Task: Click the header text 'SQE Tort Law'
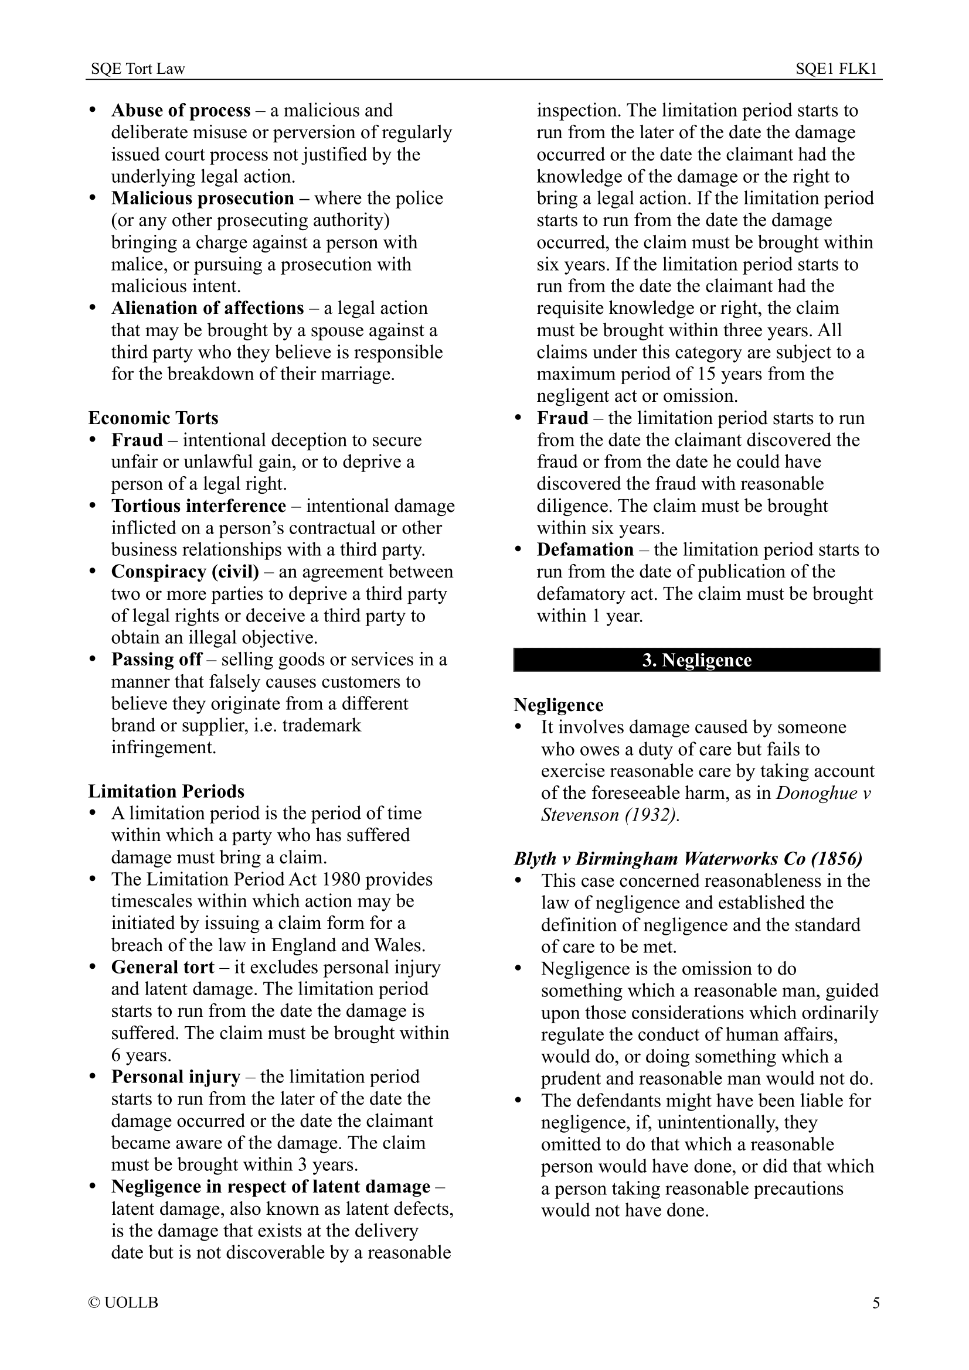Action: tap(138, 69)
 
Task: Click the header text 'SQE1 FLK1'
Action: tap(835, 69)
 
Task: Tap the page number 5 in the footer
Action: tap(876, 1302)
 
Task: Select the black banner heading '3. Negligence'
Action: tap(696, 660)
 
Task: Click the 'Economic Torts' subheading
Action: tap(154, 418)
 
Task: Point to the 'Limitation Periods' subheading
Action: tap(166, 791)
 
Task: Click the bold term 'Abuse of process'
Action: tap(181, 110)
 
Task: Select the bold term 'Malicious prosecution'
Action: tap(202, 198)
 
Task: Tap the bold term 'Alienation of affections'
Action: tap(208, 308)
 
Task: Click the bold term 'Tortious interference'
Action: tap(199, 506)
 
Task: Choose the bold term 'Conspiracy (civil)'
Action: tap(185, 572)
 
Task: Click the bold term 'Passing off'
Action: tap(157, 660)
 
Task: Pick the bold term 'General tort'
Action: tap(162, 966)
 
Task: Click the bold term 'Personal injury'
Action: tap(175, 1077)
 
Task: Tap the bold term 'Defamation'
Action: tap(585, 549)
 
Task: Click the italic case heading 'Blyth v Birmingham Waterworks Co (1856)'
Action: tap(688, 859)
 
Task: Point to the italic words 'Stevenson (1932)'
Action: tap(610, 815)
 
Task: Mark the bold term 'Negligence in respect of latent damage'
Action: tap(270, 1186)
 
